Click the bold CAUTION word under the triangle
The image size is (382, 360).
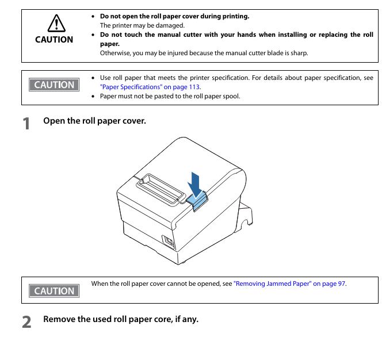tap(54, 39)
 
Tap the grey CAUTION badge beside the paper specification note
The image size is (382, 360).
tap(54, 85)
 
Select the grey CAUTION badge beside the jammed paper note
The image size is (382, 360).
tap(54, 291)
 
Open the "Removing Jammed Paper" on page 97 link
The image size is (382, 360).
tap(289, 284)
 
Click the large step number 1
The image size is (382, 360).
tap(26, 124)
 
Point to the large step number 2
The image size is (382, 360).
tap(26, 321)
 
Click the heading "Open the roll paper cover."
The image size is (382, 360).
tap(94, 121)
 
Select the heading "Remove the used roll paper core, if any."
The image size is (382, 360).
tap(121, 319)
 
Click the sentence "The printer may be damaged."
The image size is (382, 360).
tap(142, 25)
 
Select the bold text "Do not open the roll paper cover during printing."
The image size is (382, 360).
tap(174, 16)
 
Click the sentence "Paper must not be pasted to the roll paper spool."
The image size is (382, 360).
tap(170, 96)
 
